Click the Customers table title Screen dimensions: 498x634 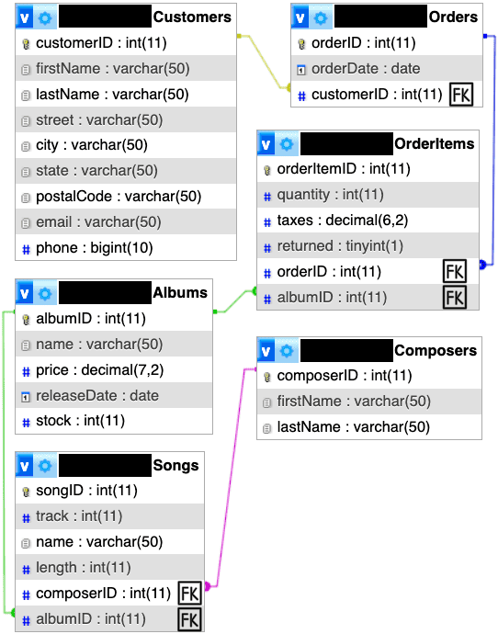point(192,17)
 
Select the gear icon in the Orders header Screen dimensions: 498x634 point(321,17)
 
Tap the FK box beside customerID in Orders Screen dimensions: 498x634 point(461,95)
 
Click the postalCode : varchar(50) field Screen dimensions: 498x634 point(119,197)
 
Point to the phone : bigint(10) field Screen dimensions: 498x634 point(95,248)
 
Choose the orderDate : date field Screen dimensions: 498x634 point(366,69)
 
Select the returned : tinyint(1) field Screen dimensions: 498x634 point(340,246)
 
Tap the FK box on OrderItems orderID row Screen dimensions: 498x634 point(455,271)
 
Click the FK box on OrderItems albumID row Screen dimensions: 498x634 point(455,297)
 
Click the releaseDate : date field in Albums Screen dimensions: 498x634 point(97,395)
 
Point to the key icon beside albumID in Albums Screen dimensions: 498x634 point(26,320)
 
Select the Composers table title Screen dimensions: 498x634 point(436,351)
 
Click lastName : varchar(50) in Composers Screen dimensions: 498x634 point(354,427)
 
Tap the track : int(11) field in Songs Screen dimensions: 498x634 point(79,516)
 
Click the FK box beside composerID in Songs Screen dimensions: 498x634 point(189,594)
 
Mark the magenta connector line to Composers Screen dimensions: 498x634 point(231,477)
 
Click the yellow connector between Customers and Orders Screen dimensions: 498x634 point(264,62)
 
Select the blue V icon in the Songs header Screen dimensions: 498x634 point(24,465)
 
